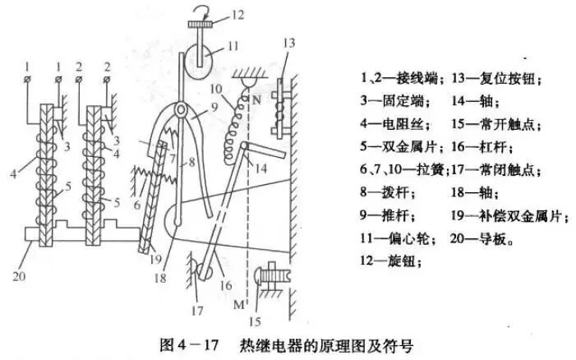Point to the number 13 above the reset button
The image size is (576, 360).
point(288,43)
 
